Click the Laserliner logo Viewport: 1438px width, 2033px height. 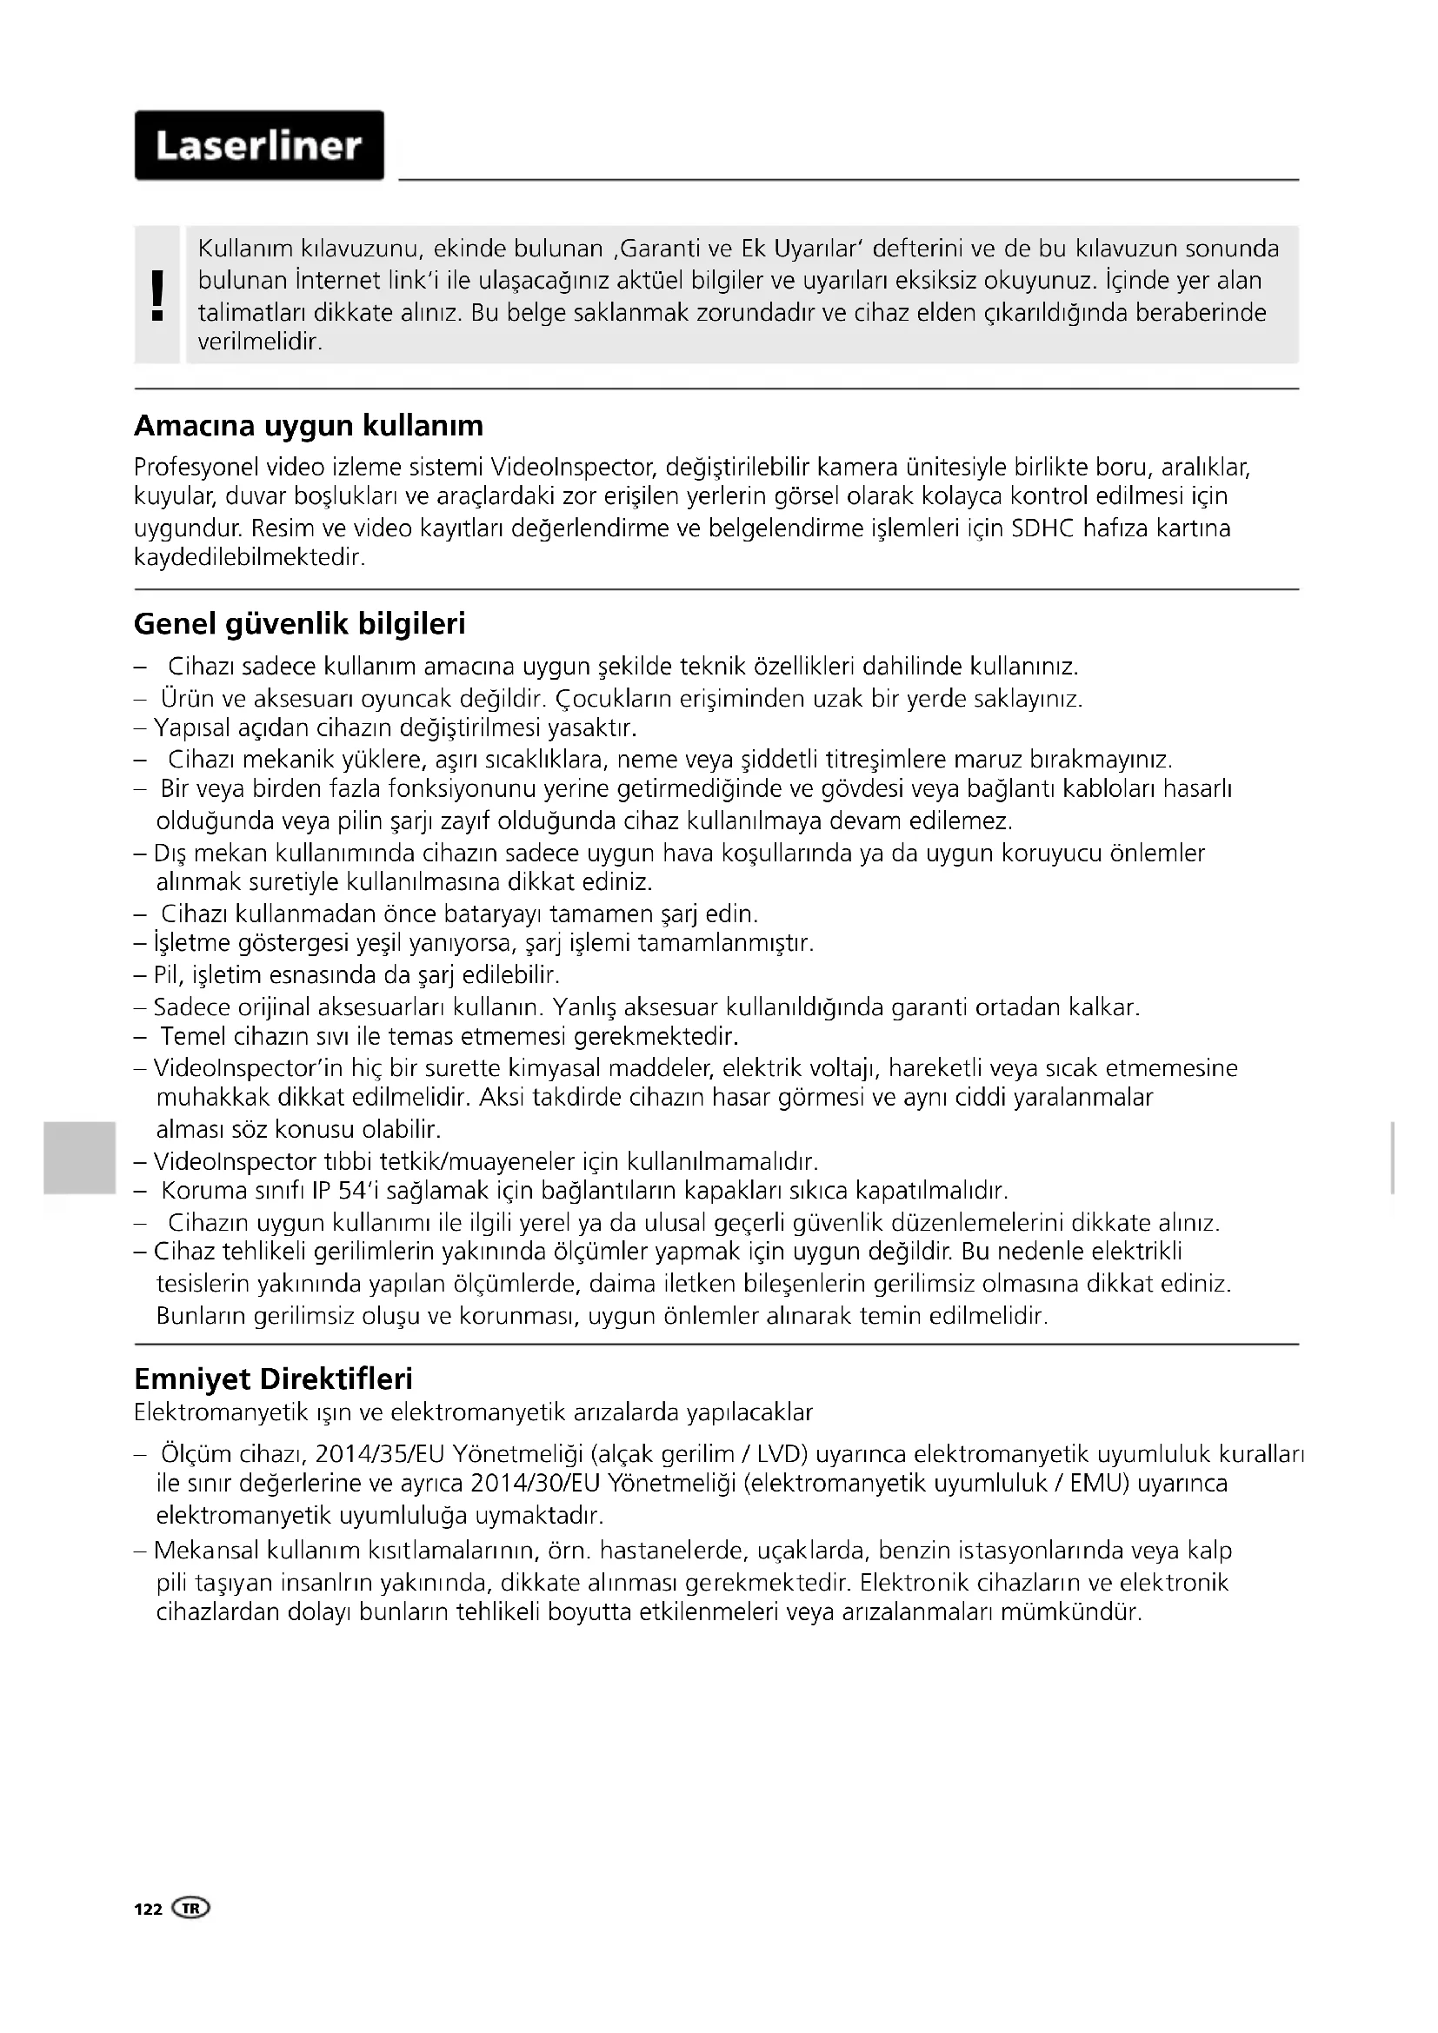(x=258, y=146)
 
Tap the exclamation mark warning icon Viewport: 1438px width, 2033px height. (x=158, y=295)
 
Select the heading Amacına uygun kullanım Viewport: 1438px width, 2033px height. (x=308, y=426)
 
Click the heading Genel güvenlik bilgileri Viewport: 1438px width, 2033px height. (x=299, y=624)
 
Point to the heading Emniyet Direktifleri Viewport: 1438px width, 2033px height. (x=273, y=1379)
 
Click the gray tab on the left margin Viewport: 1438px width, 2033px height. (x=79, y=1157)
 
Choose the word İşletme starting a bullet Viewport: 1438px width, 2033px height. (x=192, y=942)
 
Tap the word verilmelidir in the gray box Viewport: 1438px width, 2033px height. (x=258, y=342)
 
